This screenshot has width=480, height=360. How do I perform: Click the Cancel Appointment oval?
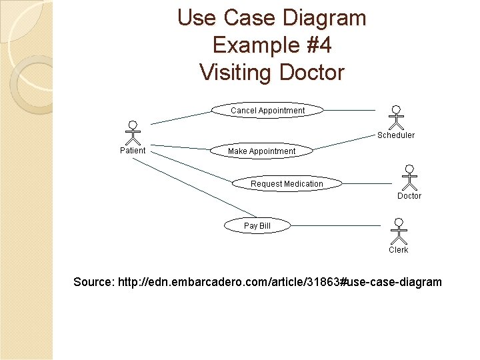[x=268, y=110]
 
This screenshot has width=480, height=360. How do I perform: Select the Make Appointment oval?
[x=261, y=151]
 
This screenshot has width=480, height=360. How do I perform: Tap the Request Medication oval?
[x=287, y=183]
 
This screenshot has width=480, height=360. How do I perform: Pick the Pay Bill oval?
[x=257, y=226]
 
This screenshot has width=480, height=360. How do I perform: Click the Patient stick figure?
[x=133, y=133]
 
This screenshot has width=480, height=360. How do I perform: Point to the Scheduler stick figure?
[x=396, y=117]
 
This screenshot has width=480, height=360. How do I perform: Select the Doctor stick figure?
[x=409, y=177]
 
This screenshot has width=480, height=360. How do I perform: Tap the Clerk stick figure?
[x=399, y=231]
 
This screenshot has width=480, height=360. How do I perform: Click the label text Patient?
[x=133, y=150]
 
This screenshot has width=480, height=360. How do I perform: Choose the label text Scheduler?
[x=396, y=135]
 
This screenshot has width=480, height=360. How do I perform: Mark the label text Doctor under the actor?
[x=409, y=196]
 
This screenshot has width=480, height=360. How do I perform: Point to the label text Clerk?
[x=399, y=250]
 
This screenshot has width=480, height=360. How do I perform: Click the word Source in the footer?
[x=93, y=282]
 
